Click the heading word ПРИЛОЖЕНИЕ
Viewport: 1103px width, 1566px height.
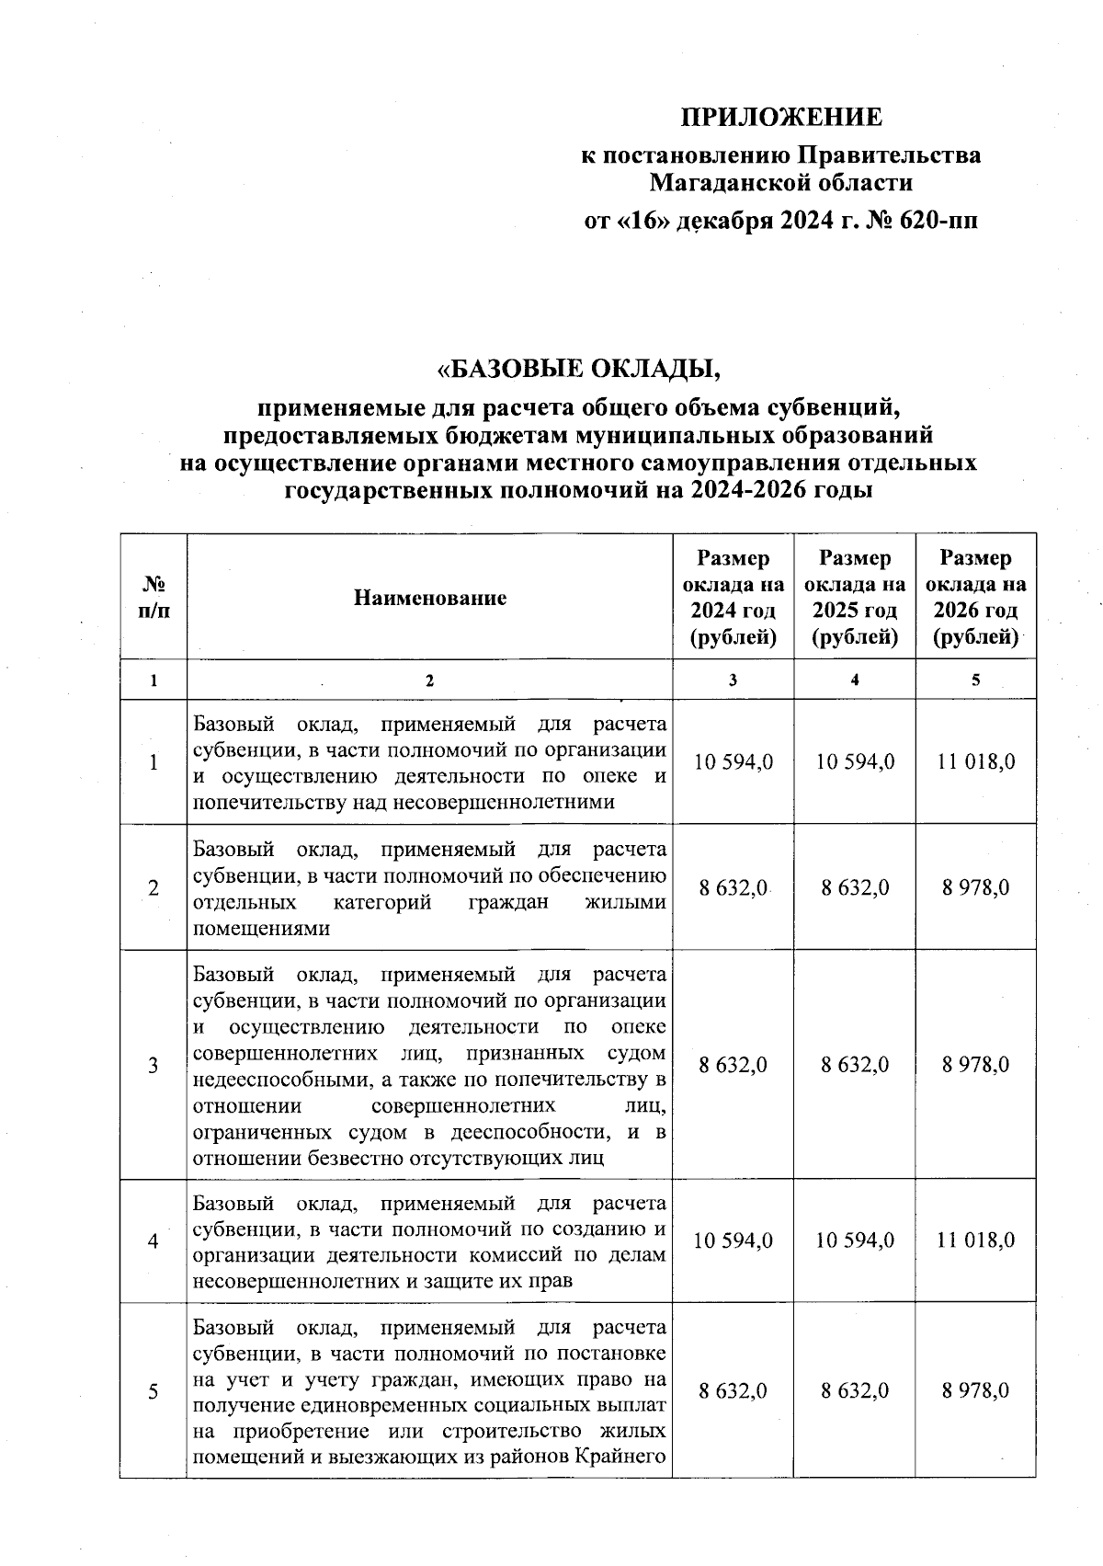pyautogui.click(x=780, y=118)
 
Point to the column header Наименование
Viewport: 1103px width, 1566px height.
pyautogui.click(x=430, y=598)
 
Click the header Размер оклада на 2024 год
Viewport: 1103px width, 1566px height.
pyautogui.click(x=733, y=597)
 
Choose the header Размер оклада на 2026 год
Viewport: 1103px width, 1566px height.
pyautogui.click(x=975, y=597)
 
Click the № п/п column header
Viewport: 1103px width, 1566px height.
pyautogui.click(x=154, y=597)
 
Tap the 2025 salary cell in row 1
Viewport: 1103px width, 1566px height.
pyautogui.click(x=855, y=762)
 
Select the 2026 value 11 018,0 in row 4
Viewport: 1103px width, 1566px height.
pyautogui.click(x=975, y=1240)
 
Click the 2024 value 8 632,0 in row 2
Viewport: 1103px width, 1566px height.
pyautogui.click(x=733, y=887)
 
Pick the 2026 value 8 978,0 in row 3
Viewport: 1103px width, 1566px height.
pyautogui.click(x=975, y=1065)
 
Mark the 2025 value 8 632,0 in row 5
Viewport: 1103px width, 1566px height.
pyautogui.click(x=855, y=1391)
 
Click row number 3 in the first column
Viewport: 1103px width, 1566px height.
pyautogui.click(x=154, y=1065)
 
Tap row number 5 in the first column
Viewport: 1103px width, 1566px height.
pyautogui.click(x=154, y=1391)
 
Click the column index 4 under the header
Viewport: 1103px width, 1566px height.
pyautogui.click(x=855, y=680)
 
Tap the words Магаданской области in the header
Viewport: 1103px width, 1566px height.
pyautogui.click(x=780, y=183)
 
